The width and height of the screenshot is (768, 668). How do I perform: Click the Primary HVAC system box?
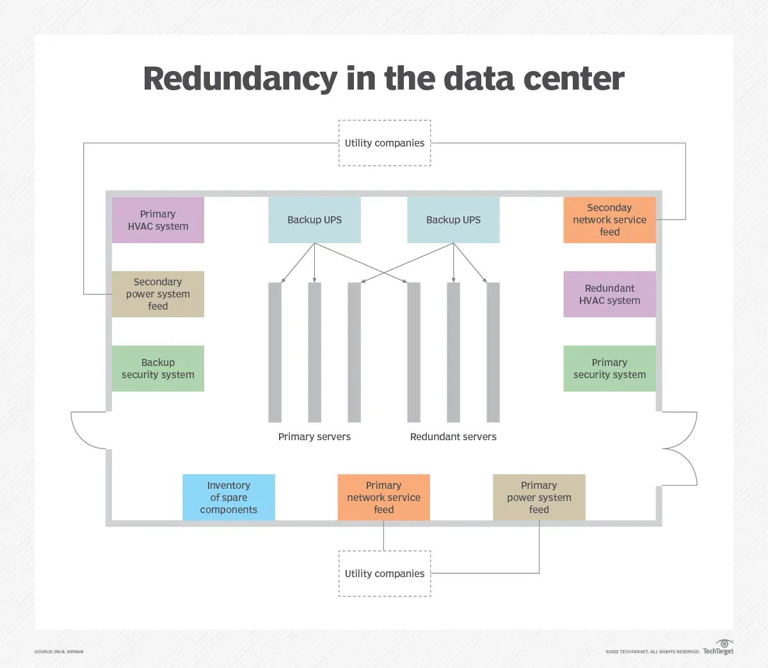[x=158, y=220]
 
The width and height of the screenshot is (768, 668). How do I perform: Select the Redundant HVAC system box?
[x=609, y=294]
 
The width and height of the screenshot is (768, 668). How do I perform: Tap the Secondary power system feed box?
[x=158, y=294]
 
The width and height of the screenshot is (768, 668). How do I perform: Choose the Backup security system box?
[x=158, y=369]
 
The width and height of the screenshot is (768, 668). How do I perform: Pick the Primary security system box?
[x=609, y=369]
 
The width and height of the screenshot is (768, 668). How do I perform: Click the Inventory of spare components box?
[x=228, y=497]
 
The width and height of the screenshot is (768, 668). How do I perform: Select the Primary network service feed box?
[x=383, y=497]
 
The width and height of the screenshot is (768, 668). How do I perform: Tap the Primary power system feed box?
[x=539, y=497]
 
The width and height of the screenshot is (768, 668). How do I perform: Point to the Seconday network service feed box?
[x=609, y=220]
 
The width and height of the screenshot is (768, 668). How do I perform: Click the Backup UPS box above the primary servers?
[x=314, y=220]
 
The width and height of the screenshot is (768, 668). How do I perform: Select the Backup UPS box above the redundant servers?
[x=454, y=220]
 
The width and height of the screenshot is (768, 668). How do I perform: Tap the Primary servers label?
[x=314, y=437]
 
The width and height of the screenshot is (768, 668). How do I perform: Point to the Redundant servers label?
[x=454, y=437]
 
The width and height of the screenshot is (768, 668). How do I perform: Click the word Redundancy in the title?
[x=241, y=79]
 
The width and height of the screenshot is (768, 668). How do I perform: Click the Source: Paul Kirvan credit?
[x=59, y=652]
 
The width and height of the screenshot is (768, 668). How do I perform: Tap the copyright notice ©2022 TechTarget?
[x=652, y=652]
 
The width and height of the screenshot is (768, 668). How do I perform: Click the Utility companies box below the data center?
[x=385, y=573]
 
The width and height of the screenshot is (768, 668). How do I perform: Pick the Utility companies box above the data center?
[x=385, y=143]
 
